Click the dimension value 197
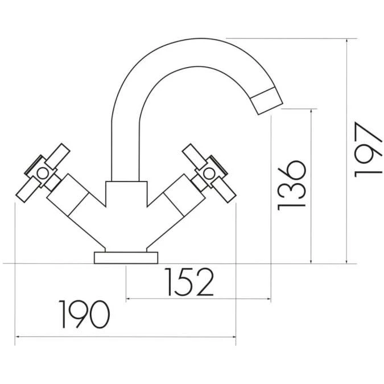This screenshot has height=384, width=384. click(365, 149)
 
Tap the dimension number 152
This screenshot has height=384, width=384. click(190, 282)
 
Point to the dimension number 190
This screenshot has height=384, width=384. click(85, 314)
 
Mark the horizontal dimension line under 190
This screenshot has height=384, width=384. click(125, 337)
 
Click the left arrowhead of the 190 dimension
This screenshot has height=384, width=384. click(17, 337)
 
